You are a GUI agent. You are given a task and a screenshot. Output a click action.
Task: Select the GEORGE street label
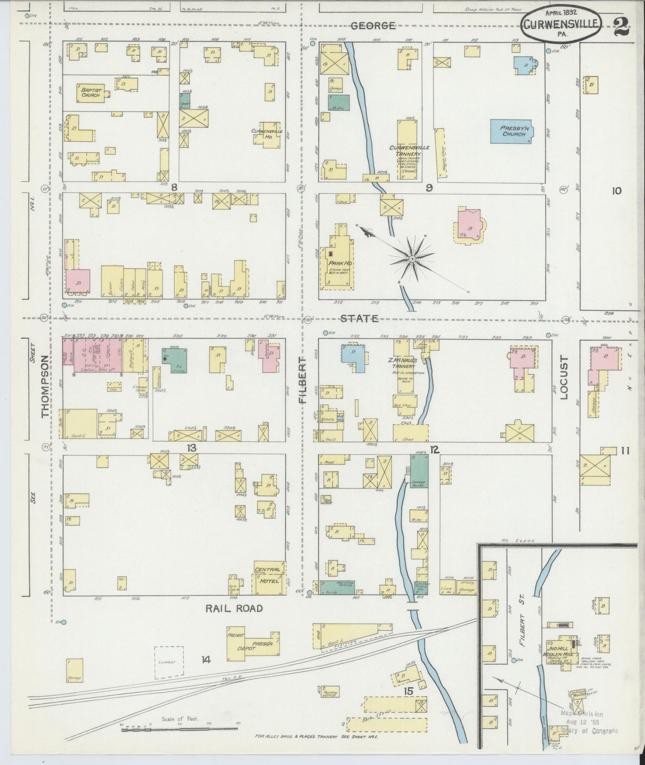tap(373, 26)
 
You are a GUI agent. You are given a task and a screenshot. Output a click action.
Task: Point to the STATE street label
tap(359, 318)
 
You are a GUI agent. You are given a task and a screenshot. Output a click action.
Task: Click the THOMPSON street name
tap(45, 387)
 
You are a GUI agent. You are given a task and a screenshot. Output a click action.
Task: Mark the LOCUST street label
tap(563, 378)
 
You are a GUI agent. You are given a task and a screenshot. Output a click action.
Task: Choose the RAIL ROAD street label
tap(233, 608)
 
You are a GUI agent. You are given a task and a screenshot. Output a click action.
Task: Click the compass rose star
tap(412, 258)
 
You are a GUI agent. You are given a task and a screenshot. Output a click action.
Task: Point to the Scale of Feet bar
tap(179, 729)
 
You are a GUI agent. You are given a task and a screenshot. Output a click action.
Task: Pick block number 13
tap(191, 448)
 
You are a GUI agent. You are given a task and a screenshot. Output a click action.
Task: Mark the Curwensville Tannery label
tap(406, 150)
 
